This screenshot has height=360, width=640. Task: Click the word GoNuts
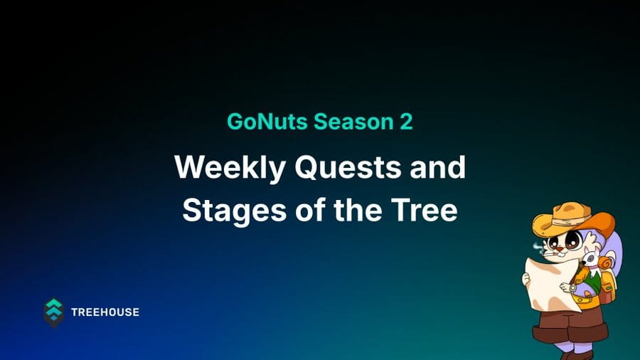[x=267, y=122]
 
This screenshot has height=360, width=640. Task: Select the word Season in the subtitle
[x=353, y=122]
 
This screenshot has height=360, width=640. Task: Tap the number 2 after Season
[x=406, y=122]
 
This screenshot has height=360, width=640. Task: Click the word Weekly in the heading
[x=230, y=168]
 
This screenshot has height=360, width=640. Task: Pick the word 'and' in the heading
[x=437, y=166]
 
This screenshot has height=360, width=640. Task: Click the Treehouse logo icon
[x=53, y=312]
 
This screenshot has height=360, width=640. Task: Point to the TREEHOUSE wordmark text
[x=105, y=312]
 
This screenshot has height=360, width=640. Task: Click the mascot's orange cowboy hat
[x=574, y=221]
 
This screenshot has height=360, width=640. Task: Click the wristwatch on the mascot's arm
[x=572, y=287]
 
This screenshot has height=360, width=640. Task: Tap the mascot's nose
[x=560, y=248]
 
